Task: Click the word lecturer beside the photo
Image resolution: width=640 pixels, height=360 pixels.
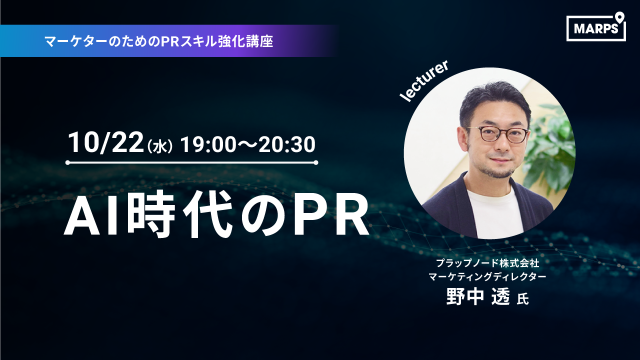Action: (423, 81)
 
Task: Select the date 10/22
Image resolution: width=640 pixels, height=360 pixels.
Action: (105, 143)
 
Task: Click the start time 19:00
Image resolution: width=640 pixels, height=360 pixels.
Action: (207, 144)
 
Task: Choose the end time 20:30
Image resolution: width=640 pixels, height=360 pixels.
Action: (287, 144)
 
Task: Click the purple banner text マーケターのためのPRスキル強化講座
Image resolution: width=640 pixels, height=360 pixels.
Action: (159, 41)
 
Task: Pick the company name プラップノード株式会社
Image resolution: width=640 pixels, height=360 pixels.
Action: (487, 263)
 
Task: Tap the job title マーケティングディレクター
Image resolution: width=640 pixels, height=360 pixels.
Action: (487, 276)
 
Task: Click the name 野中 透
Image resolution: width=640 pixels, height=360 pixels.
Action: (478, 296)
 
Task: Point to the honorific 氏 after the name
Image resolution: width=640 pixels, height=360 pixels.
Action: (522, 299)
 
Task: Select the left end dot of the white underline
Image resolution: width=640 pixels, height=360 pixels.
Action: (67, 163)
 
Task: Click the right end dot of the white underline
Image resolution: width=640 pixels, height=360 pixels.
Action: (315, 163)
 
